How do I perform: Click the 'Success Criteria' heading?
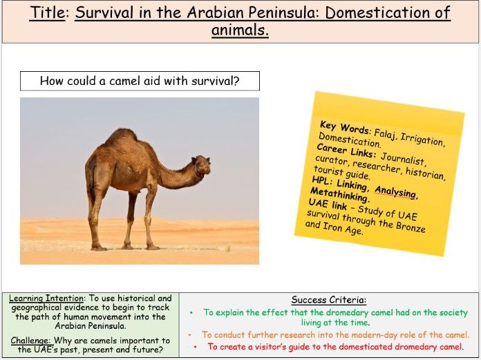pyautogui.click(x=328, y=300)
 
